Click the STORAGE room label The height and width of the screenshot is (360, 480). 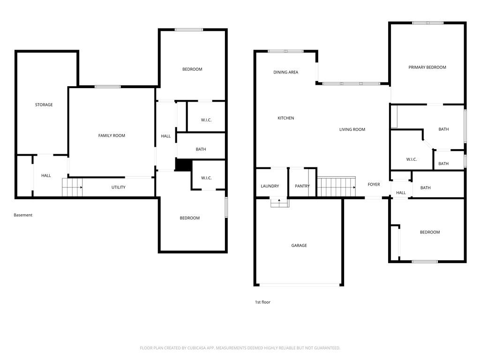tap(44, 105)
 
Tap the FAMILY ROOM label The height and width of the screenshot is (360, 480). tap(112, 135)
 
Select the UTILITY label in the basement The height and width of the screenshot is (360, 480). tap(119, 187)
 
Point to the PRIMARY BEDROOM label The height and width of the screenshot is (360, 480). tap(427, 67)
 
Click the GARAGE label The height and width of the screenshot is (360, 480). tap(299, 246)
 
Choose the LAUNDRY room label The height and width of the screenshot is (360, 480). tap(270, 186)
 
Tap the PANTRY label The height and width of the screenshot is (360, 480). tap(302, 186)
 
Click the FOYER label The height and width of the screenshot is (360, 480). tap(374, 185)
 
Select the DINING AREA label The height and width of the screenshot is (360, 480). tap(285, 72)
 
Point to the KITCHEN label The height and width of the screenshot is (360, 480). tap(285, 118)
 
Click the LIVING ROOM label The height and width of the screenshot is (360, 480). tap(352, 129)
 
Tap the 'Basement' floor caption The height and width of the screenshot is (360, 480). tap(23, 215)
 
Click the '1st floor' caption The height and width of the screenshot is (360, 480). tap(262, 302)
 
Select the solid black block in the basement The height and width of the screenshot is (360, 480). tap(183, 165)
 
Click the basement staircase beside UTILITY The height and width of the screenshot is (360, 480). tap(72, 187)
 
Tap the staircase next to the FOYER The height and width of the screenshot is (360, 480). tap(337, 187)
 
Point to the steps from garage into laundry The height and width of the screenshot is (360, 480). tap(280, 203)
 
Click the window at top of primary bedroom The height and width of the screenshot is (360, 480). tap(427, 23)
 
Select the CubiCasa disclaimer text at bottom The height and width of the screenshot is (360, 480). tap(240, 348)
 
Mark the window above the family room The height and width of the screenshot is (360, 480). tap(108, 87)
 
